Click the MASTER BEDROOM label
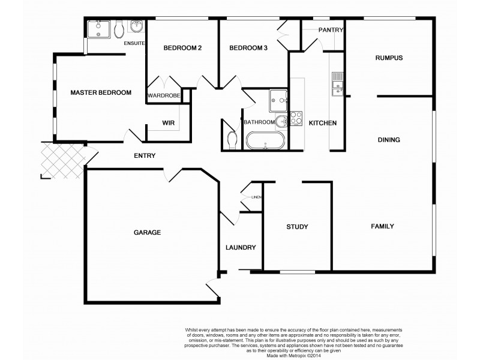(101, 92)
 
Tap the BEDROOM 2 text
(182, 48)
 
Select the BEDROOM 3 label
(248, 48)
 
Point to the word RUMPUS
(388, 58)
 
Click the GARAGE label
(146, 232)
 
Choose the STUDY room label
(297, 227)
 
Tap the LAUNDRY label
(241, 247)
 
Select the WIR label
(168, 123)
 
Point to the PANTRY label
(330, 29)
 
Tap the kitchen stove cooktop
(296, 118)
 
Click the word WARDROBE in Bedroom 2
(164, 95)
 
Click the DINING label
(388, 140)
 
